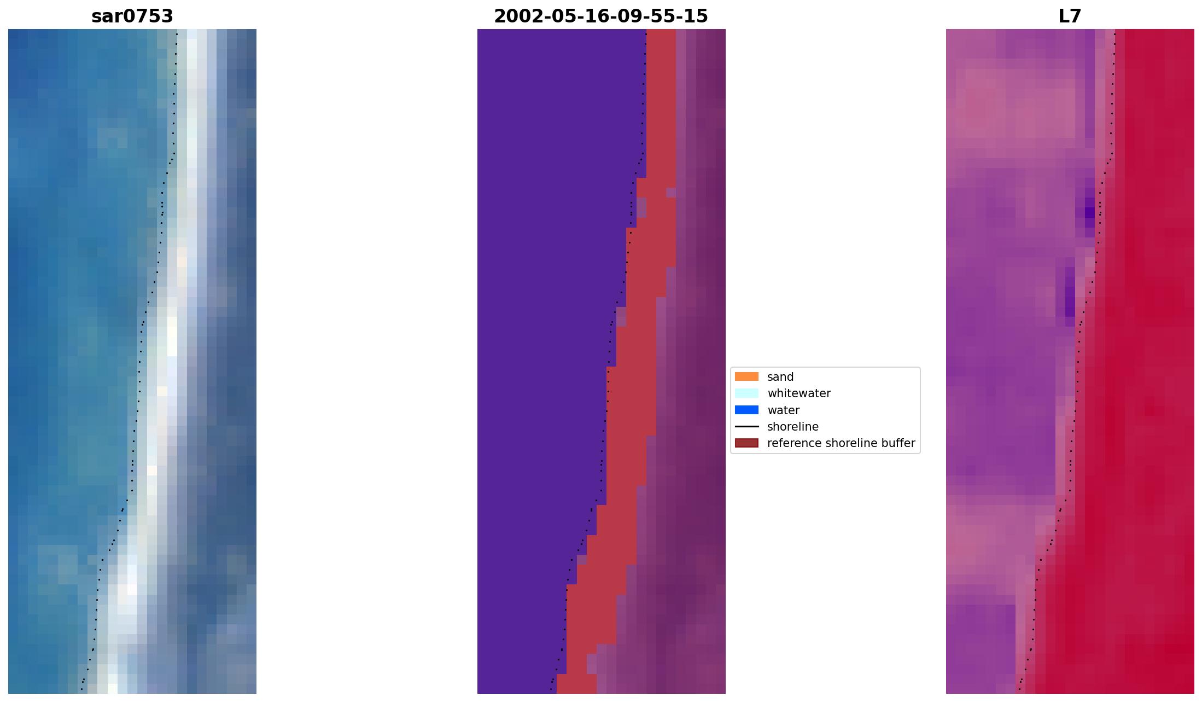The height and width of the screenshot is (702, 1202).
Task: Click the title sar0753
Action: [x=132, y=16]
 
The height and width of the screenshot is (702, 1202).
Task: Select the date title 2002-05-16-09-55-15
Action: [x=601, y=16]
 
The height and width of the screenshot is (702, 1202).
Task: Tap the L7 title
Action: [x=1070, y=16]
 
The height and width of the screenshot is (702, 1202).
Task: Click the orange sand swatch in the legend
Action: [x=746, y=376]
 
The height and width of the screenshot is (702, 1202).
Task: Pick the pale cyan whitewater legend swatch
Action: [x=746, y=393]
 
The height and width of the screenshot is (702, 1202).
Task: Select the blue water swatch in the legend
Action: [x=746, y=410]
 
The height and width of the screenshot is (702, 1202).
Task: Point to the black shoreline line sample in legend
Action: [x=746, y=427]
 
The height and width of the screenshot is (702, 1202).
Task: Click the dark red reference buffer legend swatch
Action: [x=746, y=443]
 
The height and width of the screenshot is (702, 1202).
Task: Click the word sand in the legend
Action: [x=780, y=377]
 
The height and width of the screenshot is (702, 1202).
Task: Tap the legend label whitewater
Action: [x=799, y=393]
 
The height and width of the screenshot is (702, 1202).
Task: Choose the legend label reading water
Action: [x=783, y=410]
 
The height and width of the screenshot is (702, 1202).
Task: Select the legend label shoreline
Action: [x=793, y=427]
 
